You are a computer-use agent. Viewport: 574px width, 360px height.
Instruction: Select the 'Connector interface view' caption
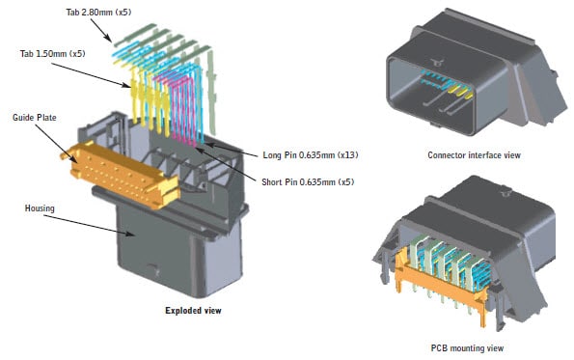point(470,153)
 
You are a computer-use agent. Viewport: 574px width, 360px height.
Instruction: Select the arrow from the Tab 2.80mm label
point(101,30)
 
